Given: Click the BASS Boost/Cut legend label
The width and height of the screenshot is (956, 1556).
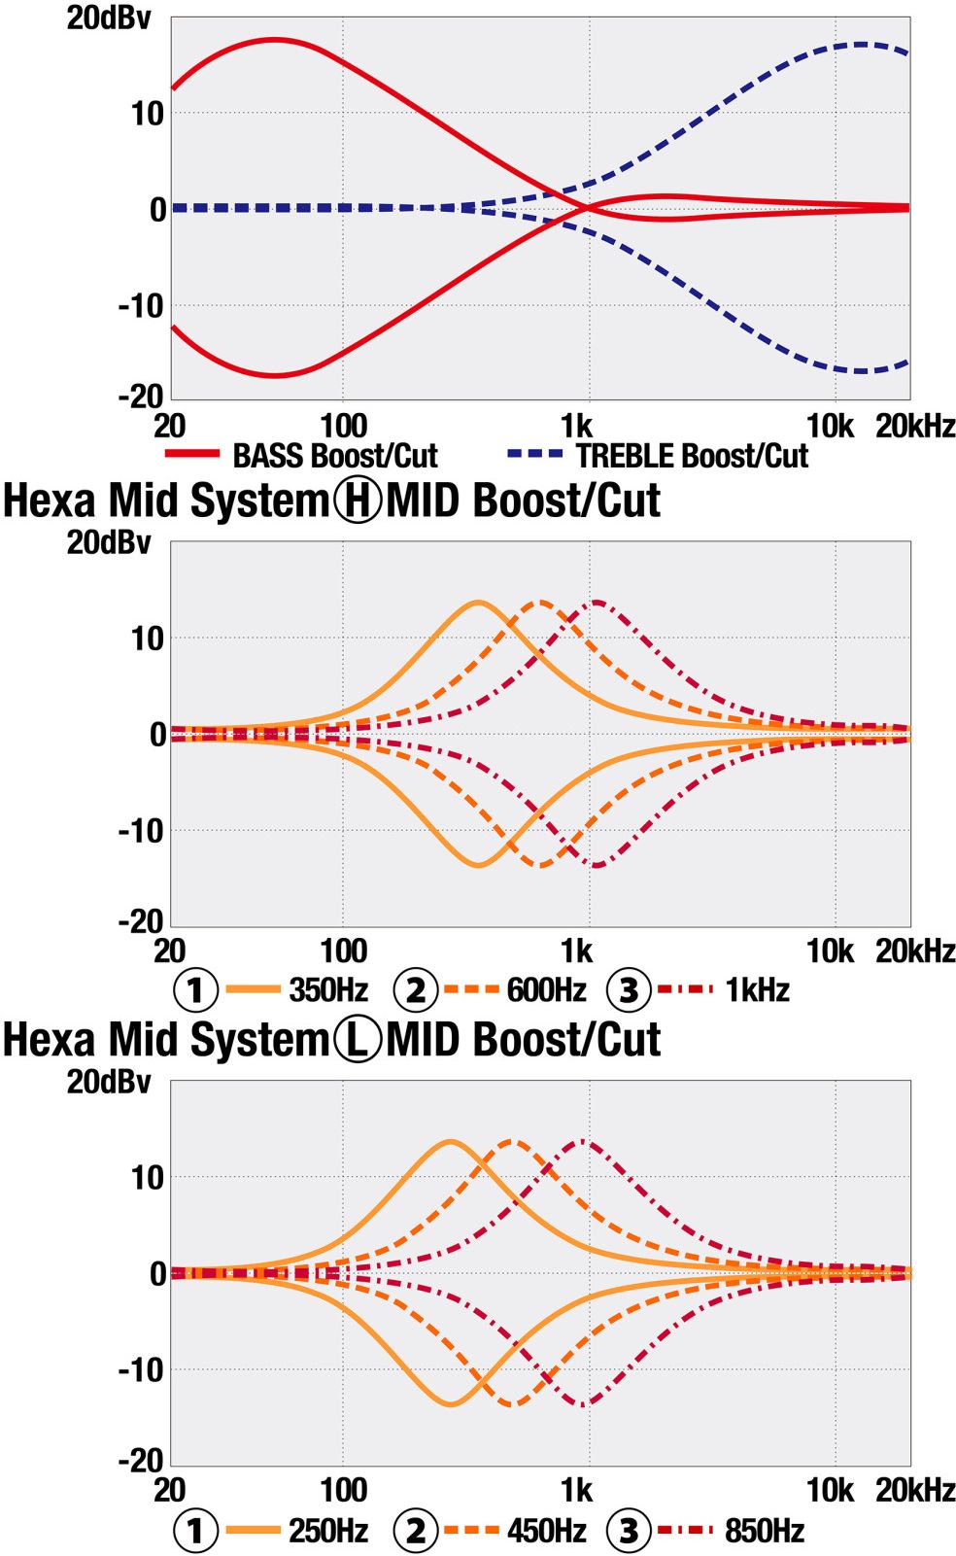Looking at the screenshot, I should pyautogui.click(x=334, y=455).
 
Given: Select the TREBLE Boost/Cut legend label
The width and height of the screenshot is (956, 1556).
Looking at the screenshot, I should pyautogui.click(x=691, y=455).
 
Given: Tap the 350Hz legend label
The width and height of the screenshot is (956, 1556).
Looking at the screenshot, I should pyautogui.click(x=328, y=990).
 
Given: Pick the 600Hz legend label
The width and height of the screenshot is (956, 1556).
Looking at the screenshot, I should pyautogui.click(x=546, y=990).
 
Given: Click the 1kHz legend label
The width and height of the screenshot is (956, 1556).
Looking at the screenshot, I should pyautogui.click(x=757, y=990).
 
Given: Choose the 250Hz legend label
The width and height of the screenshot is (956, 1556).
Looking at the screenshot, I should pyautogui.click(x=328, y=1531).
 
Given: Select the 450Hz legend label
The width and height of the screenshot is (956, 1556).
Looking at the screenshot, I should pyautogui.click(x=546, y=1531).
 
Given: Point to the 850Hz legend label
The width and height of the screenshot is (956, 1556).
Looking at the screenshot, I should pyautogui.click(x=764, y=1531).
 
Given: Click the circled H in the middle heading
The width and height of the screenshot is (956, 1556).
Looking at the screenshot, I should pyautogui.click(x=358, y=501).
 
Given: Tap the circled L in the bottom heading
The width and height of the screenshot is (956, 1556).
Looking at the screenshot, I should pyautogui.click(x=358, y=1040).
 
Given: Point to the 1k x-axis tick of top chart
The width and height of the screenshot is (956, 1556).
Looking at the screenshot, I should pyautogui.click(x=576, y=426).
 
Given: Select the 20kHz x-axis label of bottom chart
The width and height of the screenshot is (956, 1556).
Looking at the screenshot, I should pyautogui.click(x=915, y=1490).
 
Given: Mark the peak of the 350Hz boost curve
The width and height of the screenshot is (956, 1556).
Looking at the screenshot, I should pyautogui.click(x=478, y=603).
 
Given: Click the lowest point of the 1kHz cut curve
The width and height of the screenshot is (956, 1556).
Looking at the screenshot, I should pyautogui.click(x=597, y=865).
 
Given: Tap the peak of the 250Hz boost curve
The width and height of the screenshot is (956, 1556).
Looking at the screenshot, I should pyautogui.click(x=450, y=1141).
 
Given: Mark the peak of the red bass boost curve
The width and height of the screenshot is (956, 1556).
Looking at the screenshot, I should pyautogui.click(x=276, y=40).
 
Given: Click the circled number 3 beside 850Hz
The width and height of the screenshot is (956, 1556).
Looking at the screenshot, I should pyautogui.click(x=629, y=1531).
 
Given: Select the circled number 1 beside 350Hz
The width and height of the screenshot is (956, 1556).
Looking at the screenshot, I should pyautogui.click(x=195, y=990).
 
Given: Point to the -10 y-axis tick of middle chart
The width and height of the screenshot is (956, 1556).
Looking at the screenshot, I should pyautogui.click(x=142, y=831).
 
